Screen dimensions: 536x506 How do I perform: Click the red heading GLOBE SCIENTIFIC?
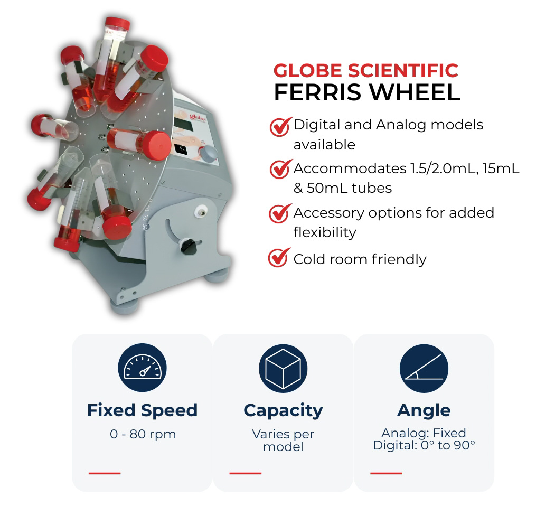(x=365, y=71)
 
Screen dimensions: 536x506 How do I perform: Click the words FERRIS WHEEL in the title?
(x=367, y=92)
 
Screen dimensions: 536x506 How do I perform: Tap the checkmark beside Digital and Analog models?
(x=281, y=127)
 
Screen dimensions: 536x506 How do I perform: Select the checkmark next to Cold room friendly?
(x=279, y=257)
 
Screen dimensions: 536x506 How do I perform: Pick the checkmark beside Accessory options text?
(x=280, y=213)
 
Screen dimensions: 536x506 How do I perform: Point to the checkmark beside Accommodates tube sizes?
(x=281, y=169)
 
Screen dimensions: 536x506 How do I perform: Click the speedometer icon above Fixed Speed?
(x=142, y=368)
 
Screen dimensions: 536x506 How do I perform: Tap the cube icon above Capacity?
(x=283, y=369)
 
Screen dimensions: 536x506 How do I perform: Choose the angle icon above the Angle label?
(x=424, y=369)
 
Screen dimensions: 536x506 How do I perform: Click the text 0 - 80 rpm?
(x=143, y=434)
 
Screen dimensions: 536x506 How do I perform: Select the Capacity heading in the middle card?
(x=283, y=410)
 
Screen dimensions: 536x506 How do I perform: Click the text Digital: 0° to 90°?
(x=424, y=445)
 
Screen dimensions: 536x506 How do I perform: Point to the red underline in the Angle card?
(x=386, y=473)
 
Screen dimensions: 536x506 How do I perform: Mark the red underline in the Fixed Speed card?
(x=105, y=473)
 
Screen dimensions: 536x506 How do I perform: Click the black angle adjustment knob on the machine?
(x=187, y=246)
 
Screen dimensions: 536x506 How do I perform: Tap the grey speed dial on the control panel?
(x=208, y=154)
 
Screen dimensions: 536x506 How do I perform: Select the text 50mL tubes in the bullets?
(x=349, y=188)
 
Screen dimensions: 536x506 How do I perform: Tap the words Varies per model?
(x=283, y=441)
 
